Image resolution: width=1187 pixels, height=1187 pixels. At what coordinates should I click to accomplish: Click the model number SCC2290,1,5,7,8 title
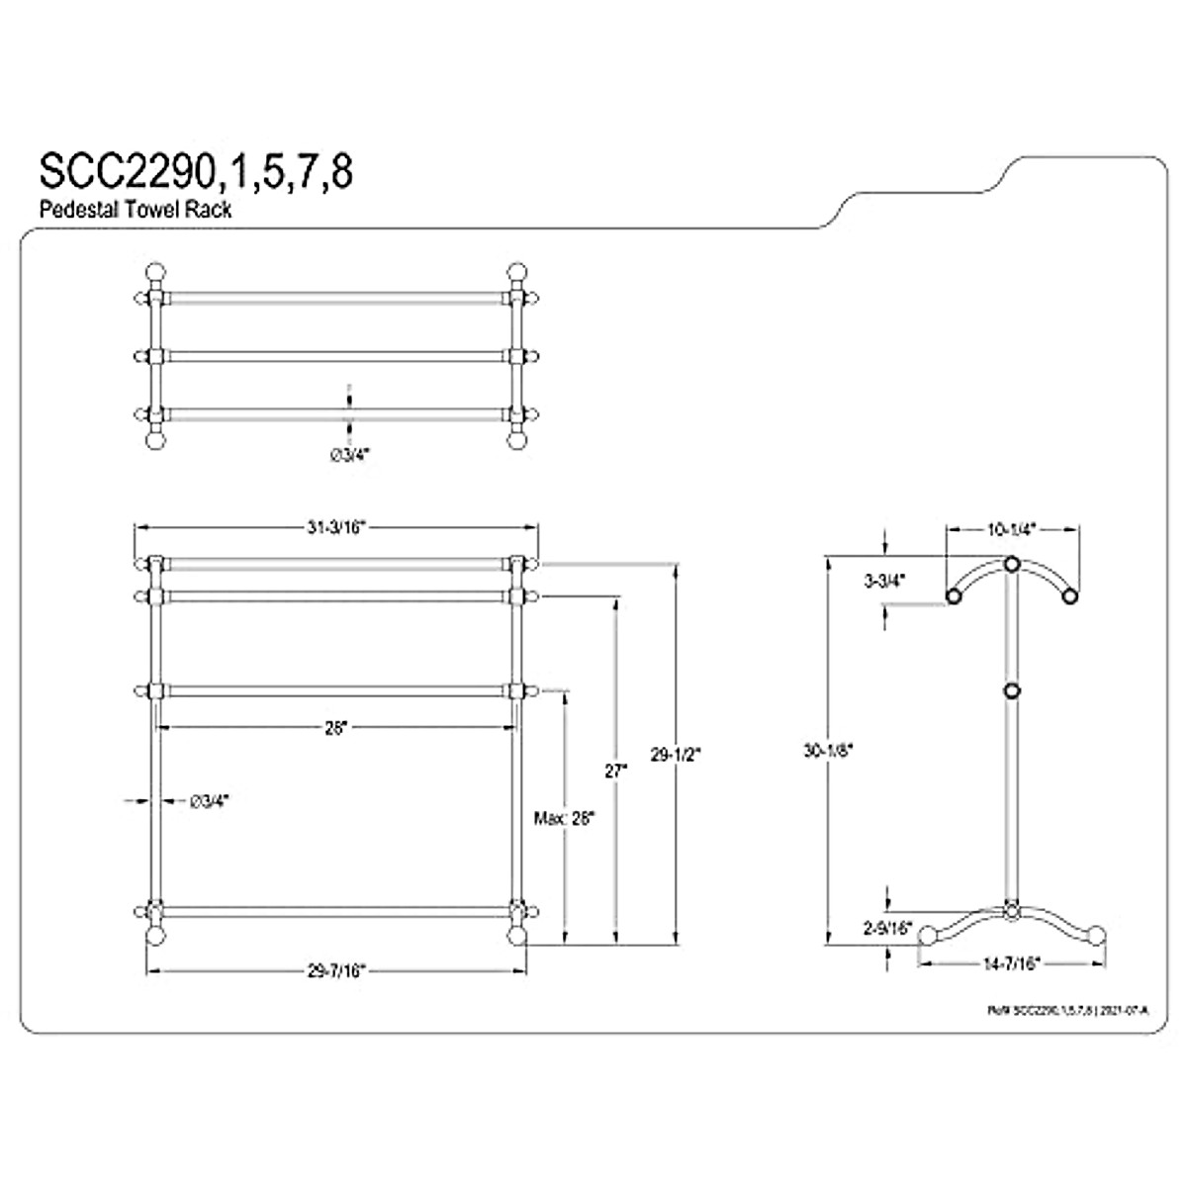(x=195, y=171)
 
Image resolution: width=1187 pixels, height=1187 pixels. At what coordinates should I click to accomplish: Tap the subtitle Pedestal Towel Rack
(x=136, y=210)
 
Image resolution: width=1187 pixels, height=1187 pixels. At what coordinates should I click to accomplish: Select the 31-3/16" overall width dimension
(x=336, y=528)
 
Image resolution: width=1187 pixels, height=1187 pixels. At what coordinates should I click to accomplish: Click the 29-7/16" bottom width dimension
(x=336, y=971)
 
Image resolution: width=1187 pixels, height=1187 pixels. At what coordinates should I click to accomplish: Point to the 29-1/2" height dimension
(x=678, y=753)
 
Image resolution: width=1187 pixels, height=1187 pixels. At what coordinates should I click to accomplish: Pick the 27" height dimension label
(x=616, y=771)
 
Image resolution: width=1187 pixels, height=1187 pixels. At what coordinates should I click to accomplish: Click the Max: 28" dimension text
(x=563, y=818)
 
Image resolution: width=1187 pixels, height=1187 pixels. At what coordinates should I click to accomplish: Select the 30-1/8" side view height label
(x=828, y=751)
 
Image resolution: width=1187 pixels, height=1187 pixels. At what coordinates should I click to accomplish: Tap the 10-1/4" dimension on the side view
(x=1011, y=529)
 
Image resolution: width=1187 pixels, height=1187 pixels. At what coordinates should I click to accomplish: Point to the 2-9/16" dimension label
(x=886, y=928)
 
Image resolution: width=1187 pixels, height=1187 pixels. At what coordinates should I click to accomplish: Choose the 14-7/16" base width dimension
(x=1011, y=961)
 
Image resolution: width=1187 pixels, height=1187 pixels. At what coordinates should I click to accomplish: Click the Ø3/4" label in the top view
(x=348, y=454)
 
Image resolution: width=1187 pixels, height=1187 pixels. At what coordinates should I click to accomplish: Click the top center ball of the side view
(x=1011, y=565)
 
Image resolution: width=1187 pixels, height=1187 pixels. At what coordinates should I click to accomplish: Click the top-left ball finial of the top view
(x=155, y=273)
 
